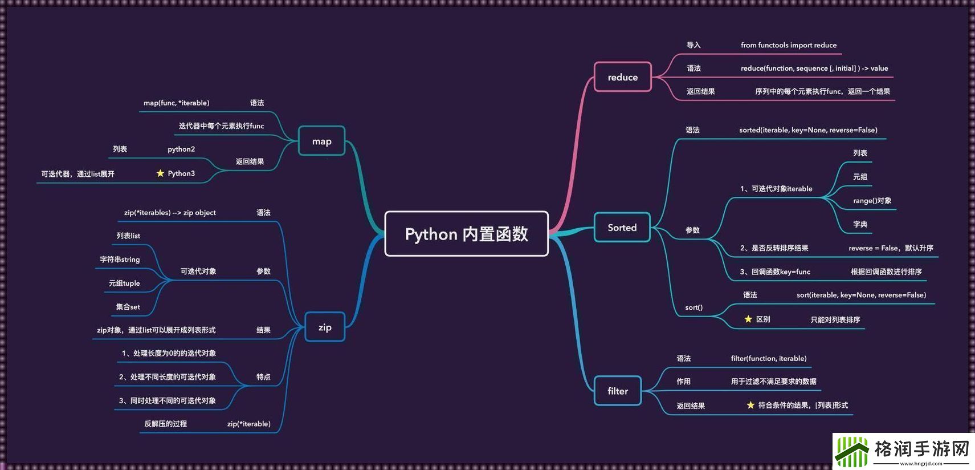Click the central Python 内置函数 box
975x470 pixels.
point(466,234)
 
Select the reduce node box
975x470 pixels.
point(622,77)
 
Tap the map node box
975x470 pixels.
point(321,141)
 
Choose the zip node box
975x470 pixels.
point(325,327)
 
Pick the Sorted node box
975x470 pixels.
point(622,228)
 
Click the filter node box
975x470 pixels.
point(617,391)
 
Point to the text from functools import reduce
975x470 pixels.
point(788,45)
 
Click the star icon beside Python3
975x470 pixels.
point(160,173)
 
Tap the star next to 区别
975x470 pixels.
point(748,319)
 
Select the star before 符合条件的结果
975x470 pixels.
point(750,405)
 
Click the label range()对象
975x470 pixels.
point(872,201)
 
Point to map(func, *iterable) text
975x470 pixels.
point(176,103)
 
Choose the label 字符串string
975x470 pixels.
point(120,260)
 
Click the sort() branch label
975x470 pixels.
point(693,307)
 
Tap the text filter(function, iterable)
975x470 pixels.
point(768,358)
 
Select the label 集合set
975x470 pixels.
point(128,307)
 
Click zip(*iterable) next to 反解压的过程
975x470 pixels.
point(248,424)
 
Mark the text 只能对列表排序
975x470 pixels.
point(835,320)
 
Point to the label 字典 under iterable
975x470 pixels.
point(860,225)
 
